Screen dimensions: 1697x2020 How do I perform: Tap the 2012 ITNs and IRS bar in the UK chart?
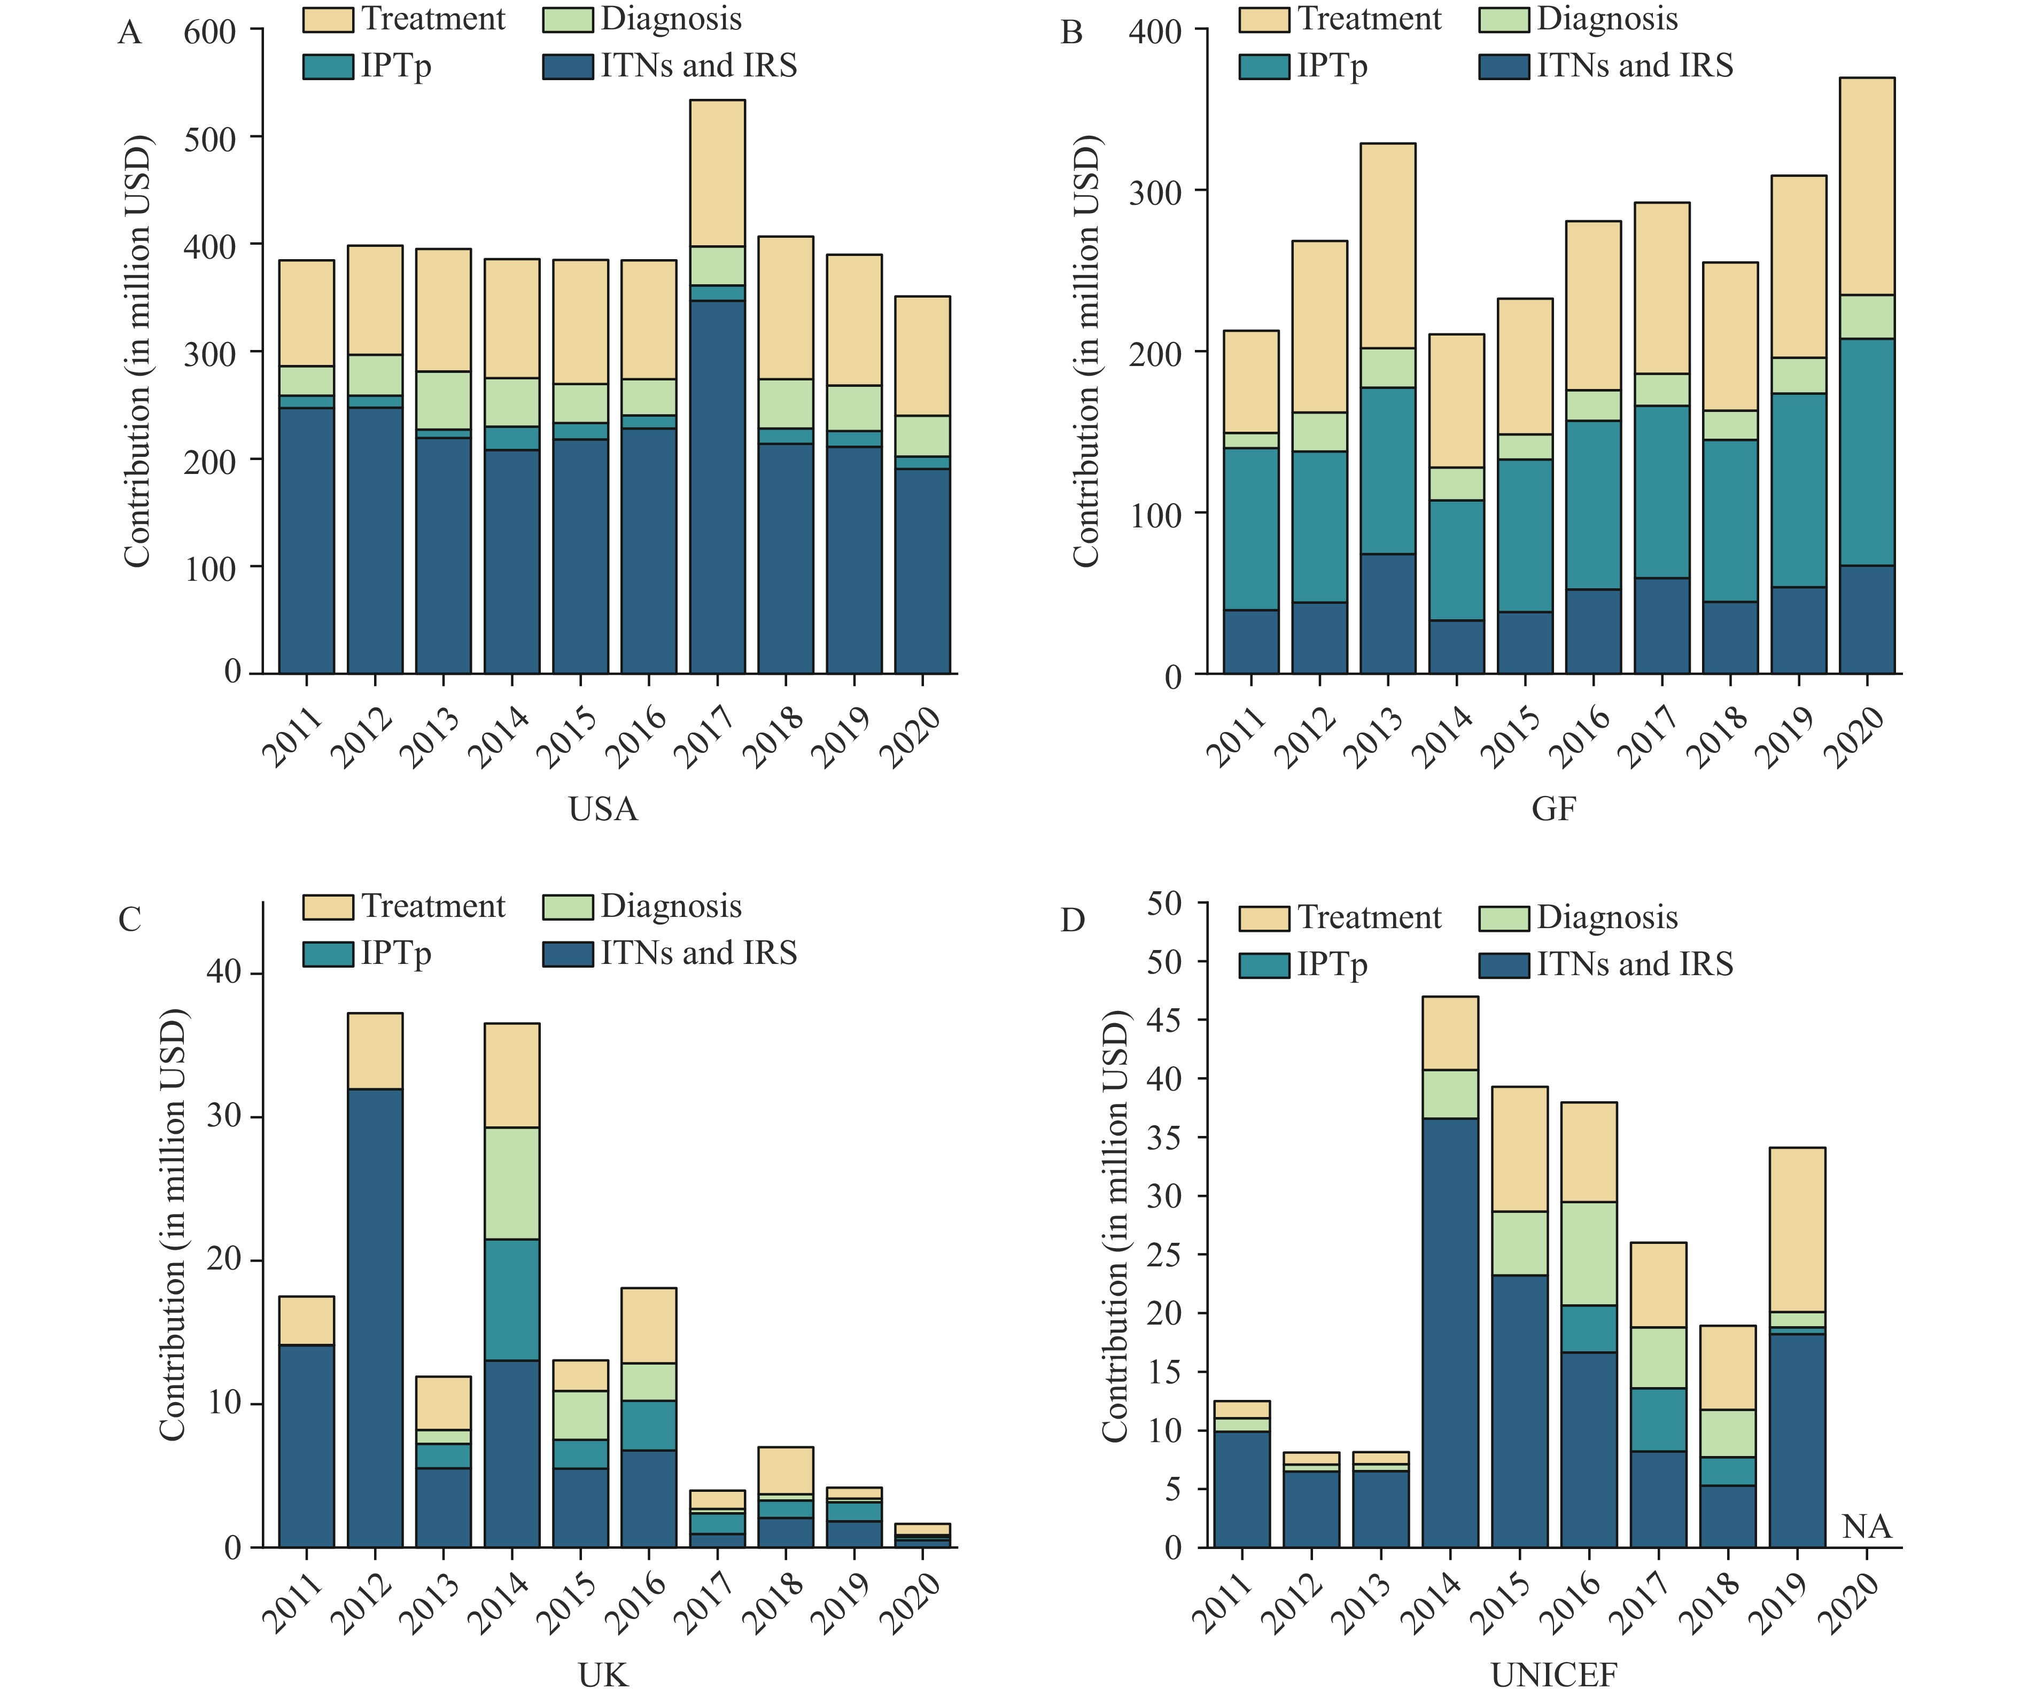point(375,1318)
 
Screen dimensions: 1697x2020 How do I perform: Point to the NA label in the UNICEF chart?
point(1866,1527)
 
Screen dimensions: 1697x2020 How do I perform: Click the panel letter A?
point(130,34)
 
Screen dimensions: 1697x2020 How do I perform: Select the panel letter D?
point(1073,921)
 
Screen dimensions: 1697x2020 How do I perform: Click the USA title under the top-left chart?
point(603,809)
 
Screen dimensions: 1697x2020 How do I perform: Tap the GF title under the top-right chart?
point(1553,809)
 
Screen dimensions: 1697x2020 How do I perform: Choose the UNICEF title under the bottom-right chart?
point(1553,1676)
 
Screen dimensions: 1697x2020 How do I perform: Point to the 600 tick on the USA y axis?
point(209,32)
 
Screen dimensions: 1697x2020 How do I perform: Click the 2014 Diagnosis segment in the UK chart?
point(512,1184)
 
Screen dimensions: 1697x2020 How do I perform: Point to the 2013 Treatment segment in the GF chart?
point(1388,245)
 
